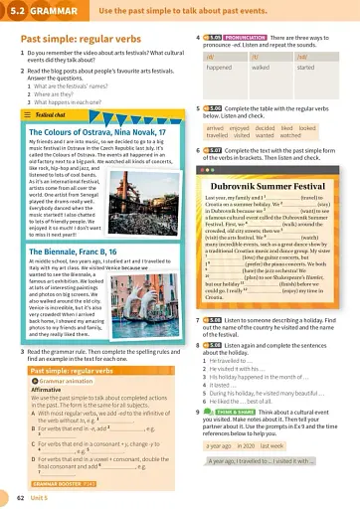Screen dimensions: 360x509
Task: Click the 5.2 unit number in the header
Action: pyautogui.click(x=13, y=10)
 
